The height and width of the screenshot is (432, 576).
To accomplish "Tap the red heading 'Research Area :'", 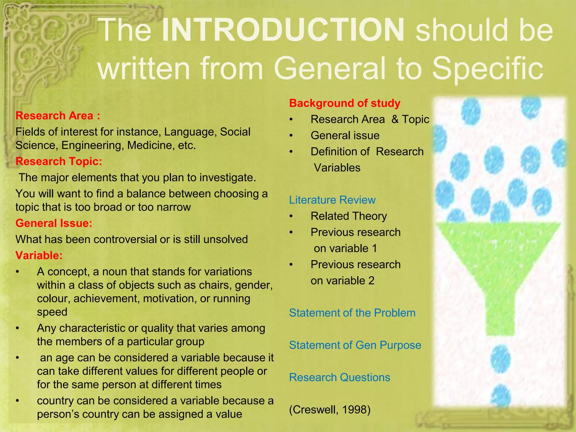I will [x=58, y=116].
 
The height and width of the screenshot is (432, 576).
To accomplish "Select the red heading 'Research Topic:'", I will [x=58, y=161].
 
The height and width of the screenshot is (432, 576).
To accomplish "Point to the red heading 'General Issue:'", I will [x=54, y=223].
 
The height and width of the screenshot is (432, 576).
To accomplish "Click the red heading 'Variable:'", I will [x=39, y=255].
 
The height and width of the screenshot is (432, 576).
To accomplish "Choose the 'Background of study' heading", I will [x=345, y=103].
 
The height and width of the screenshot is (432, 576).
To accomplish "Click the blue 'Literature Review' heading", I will [x=332, y=200].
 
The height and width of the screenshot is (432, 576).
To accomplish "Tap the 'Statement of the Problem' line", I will [x=352, y=313].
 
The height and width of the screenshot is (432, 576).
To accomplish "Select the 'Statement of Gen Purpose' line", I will [x=355, y=345].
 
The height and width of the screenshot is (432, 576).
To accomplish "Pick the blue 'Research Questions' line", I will [x=339, y=377].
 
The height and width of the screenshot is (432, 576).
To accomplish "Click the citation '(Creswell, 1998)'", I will [x=330, y=410].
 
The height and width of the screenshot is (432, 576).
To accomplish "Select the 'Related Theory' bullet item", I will [x=348, y=216].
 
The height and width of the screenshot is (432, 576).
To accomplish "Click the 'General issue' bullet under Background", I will [x=345, y=136].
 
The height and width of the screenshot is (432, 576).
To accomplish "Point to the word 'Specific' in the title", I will [x=487, y=68].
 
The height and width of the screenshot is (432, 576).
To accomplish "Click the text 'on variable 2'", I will [x=342, y=281].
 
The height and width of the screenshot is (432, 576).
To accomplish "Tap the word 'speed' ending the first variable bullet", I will [x=52, y=312].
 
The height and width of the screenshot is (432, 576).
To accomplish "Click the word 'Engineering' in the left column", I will [x=92, y=145].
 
